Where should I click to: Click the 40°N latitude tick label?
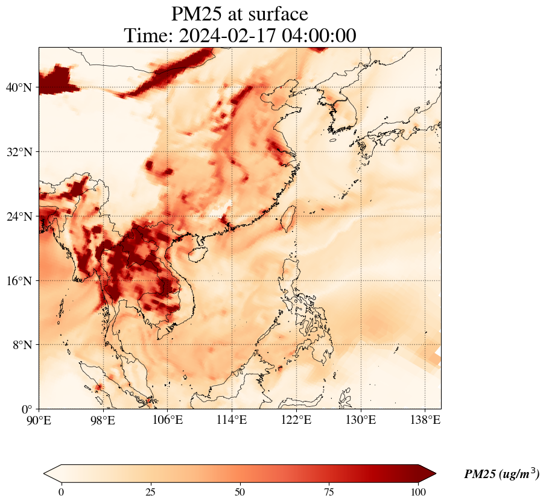point(19,88)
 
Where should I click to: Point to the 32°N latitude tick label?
point(19,152)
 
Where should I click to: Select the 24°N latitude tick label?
point(19,216)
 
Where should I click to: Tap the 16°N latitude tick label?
point(19,281)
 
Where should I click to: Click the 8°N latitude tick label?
point(22,345)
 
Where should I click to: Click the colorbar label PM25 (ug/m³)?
point(501,474)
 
